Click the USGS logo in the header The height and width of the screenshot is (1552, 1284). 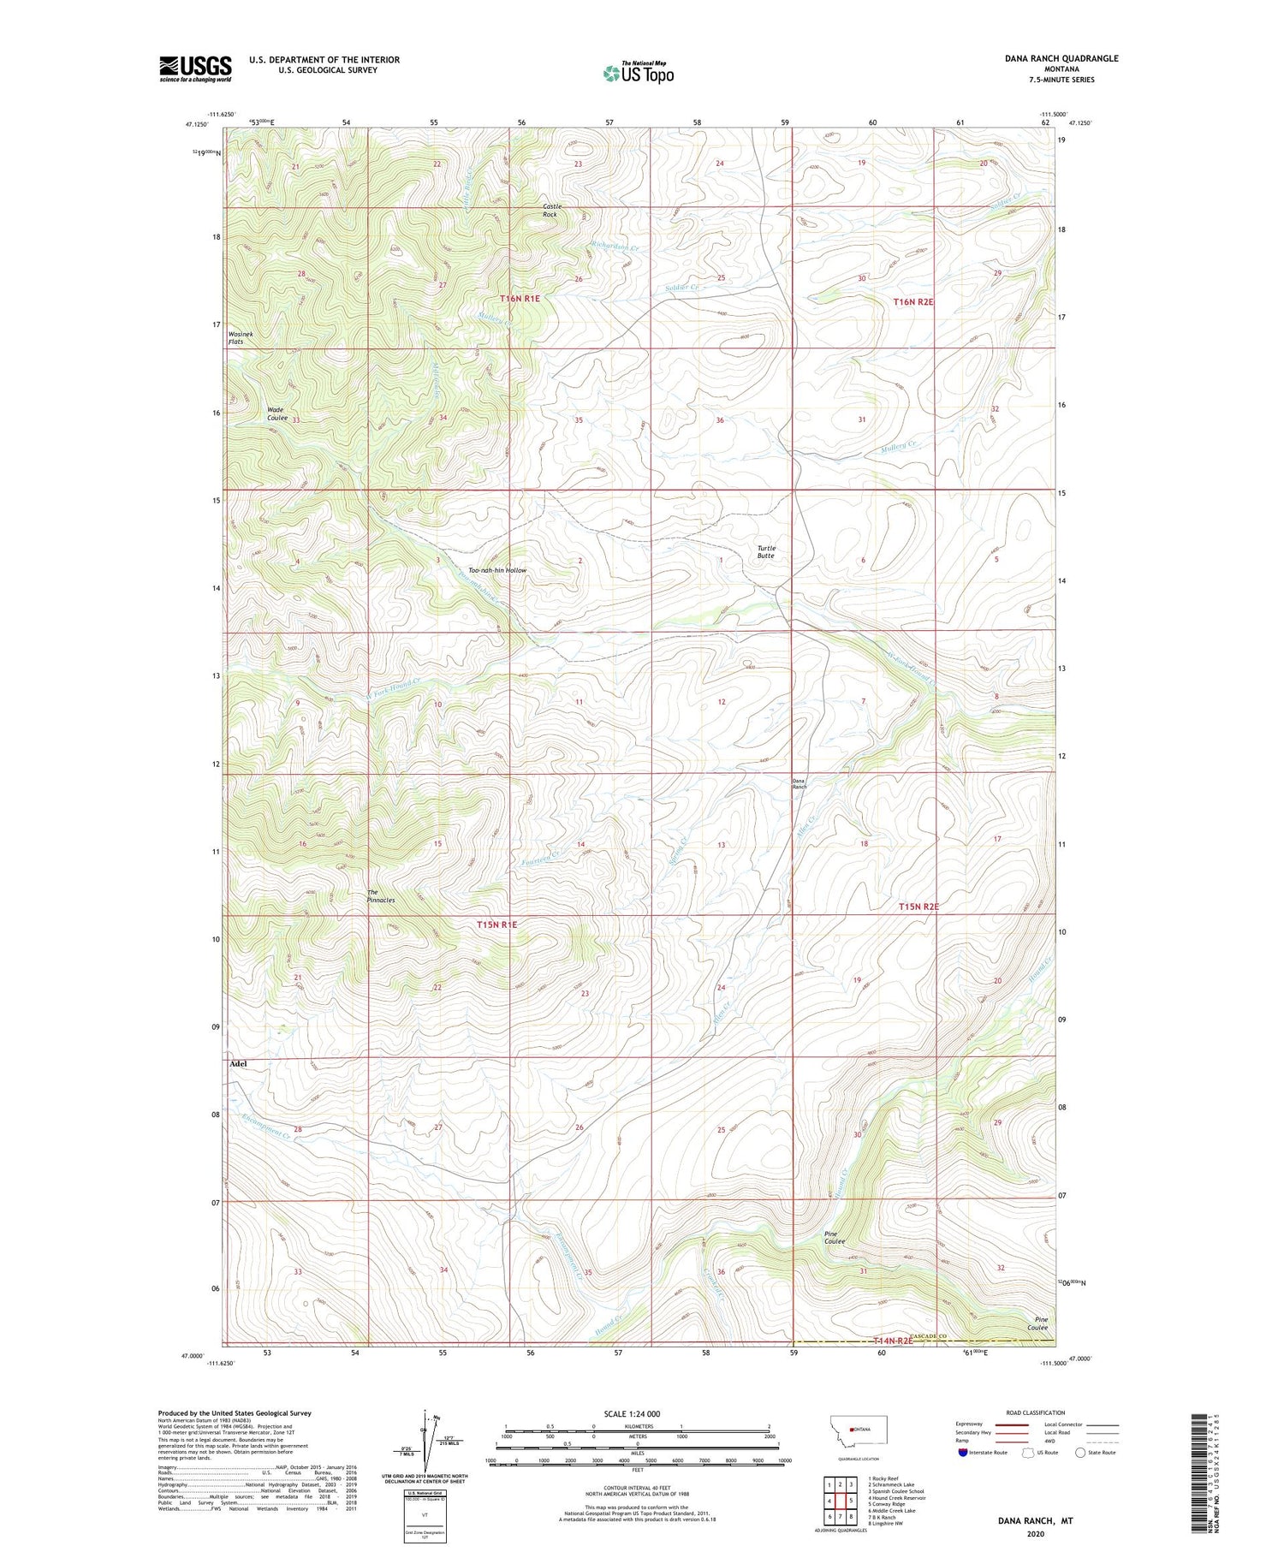coord(195,68)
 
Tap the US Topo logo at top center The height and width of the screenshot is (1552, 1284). coord(638,74)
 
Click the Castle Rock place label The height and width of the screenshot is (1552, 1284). coord(550,210)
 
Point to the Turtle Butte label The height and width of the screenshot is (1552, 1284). coord(765,552)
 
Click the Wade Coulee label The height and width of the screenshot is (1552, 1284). coord(277,413)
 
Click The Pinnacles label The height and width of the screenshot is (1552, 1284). coord(381,895)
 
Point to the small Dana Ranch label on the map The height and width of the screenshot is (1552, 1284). coord(798,783)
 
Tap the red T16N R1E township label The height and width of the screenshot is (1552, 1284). coord(520,299)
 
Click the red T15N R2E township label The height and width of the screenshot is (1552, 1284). coord(918,906)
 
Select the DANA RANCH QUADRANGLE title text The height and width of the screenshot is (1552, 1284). coord(1061,58)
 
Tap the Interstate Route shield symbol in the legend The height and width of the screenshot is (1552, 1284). coord(964,1452)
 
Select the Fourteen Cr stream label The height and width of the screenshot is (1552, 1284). coord(540,855)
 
